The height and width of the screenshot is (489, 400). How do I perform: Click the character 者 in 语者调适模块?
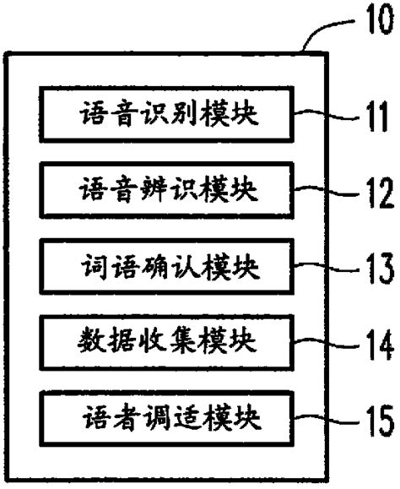121,418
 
